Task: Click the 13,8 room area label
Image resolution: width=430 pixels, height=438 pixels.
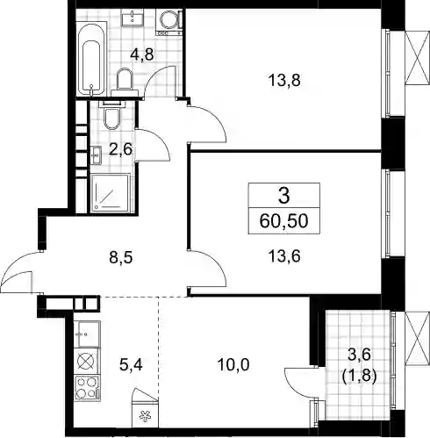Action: (284, 81)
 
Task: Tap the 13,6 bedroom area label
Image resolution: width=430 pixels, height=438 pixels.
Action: (284, 256)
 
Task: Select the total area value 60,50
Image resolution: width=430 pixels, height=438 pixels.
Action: (283, 221)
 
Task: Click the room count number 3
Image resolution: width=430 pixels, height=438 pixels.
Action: (283, 196)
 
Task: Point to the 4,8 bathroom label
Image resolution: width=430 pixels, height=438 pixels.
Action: (142, 54)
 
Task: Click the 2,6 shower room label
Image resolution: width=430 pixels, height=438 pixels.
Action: (121, 150)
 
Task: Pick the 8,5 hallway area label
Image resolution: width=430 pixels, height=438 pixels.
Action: (121, 258)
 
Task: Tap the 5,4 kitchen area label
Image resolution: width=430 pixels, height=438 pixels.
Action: (131, 364)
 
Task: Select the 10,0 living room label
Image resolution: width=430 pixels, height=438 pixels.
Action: (233, 364)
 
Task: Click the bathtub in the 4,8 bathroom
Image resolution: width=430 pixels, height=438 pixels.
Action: (91, 59)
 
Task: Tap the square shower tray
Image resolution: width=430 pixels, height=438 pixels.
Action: (110, 193)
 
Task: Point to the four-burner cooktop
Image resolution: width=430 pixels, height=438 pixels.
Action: (87, 388)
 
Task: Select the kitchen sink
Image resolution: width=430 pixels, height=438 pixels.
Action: (87, 334)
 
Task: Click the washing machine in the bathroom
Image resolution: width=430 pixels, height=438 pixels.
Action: (168, 22)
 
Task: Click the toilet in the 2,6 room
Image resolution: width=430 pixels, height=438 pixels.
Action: (111, 116)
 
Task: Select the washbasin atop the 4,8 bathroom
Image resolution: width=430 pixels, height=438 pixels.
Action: (133, 17)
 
